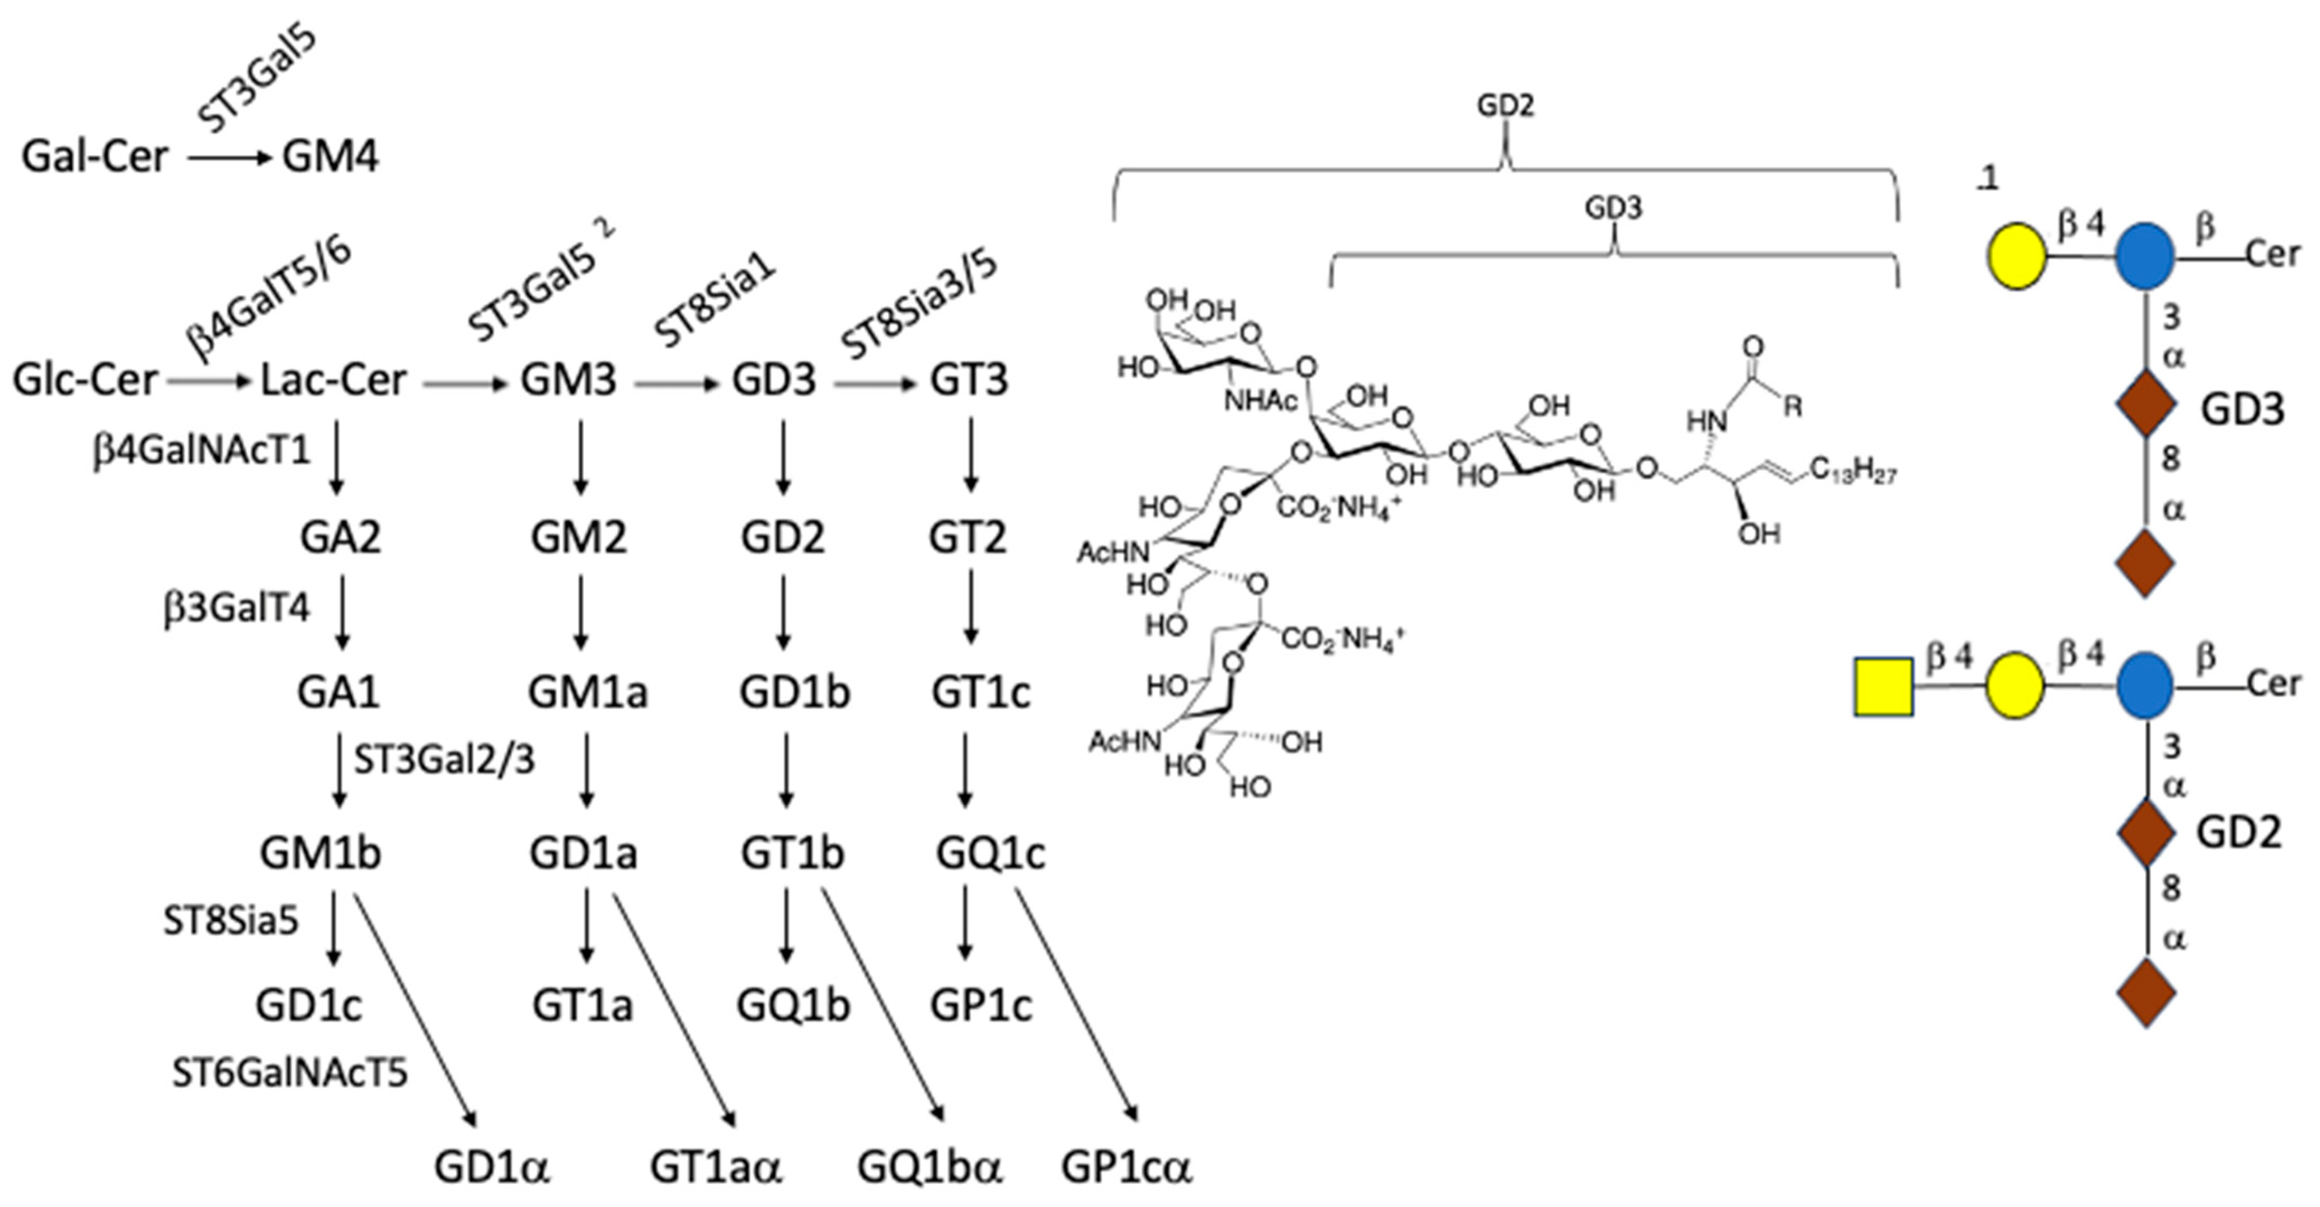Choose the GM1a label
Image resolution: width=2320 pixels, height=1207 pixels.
pyautogui.click(x=587, y=693)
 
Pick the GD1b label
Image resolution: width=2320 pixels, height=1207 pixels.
pyautogui.click(x=795, y=693)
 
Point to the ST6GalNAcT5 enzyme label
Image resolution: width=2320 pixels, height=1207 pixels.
pyautogui.click(x=289, y=1073)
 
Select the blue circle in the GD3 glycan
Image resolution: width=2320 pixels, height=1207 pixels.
pyautogui.click(x=2144, y=257)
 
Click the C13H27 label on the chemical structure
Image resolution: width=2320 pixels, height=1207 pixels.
pyautogui.click(x=1853, y=471)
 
